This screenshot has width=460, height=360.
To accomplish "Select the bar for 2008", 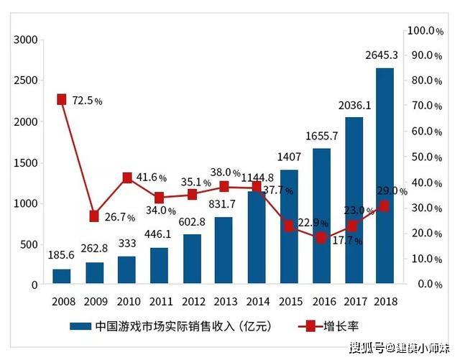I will tap(62, 277).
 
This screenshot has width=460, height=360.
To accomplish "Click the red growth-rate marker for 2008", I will tap(62, 99).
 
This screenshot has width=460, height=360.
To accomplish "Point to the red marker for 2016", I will tap(321, 238).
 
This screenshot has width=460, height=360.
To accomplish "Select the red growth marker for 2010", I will tap(127, 177).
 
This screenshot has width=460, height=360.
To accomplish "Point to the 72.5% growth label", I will tap(87, 101).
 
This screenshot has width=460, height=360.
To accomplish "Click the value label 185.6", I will tap(61, 254).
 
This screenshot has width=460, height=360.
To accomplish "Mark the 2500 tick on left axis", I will tap(25, 80).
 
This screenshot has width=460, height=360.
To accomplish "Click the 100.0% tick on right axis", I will tap(425, 31).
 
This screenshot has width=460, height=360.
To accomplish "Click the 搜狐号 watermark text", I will tap(366, 349).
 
